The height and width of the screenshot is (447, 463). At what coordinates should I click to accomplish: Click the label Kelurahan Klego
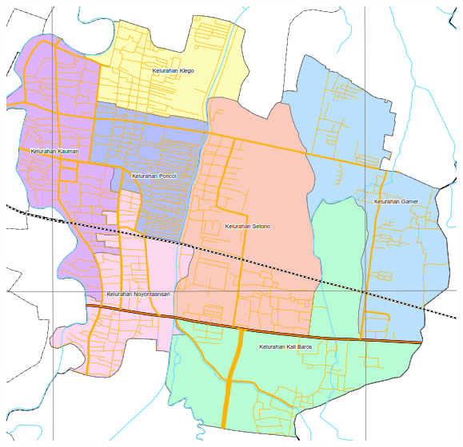coord(174,71)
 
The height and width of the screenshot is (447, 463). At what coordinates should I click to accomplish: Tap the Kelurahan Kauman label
coord(50,151)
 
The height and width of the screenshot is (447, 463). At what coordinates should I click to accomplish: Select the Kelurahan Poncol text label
coord(154,176)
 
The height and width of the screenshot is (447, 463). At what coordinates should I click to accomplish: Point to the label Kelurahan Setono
coord(247,227)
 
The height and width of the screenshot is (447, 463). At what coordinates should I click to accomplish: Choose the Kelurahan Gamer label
coord(396,202)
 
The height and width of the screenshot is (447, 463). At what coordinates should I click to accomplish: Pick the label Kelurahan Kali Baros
coord(285,347)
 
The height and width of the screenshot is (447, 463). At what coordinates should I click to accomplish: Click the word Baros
coord(303,347)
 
